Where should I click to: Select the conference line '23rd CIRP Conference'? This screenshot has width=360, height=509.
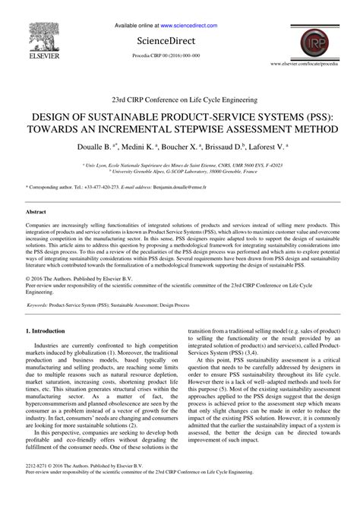(179, 100)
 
